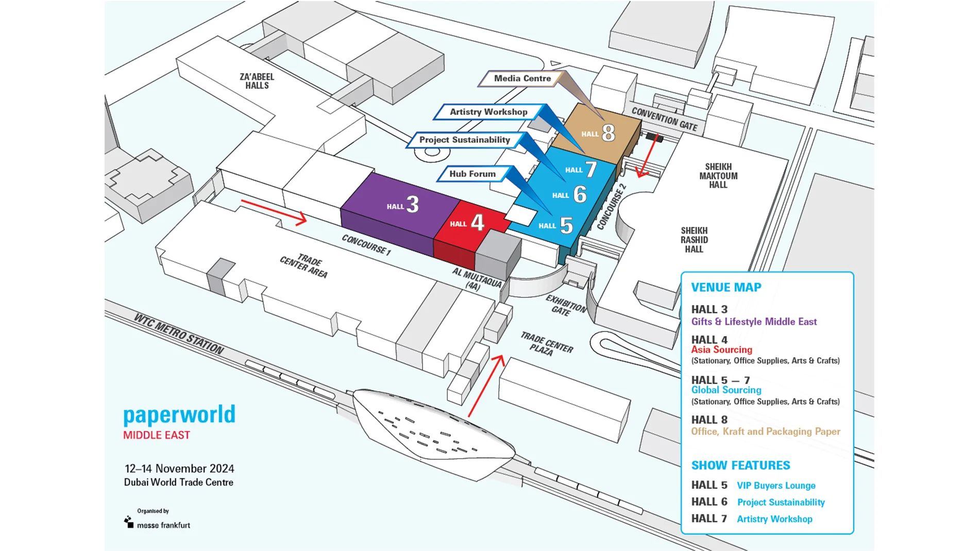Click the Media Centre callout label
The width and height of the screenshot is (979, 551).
[521, 78]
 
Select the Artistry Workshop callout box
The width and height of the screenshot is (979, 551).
[488, 112]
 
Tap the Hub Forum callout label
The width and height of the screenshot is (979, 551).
[472, 174]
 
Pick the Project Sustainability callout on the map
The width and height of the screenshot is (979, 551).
[464, 140]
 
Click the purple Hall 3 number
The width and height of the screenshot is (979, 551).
[412, 205]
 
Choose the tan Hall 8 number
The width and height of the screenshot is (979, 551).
[608, 133]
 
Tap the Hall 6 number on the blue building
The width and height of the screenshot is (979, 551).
[580, 194]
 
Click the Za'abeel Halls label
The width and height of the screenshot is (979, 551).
[257, 81]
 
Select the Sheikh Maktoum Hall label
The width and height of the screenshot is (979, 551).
[718, 176]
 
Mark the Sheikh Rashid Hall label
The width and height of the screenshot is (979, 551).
[694, 240]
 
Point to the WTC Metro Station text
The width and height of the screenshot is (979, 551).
[178, 333]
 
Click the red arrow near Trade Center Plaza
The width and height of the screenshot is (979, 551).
[486, 385]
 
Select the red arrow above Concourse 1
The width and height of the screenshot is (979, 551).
[274, 212]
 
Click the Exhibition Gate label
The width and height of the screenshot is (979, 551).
[565, 305]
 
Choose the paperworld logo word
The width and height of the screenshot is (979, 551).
[179, 414]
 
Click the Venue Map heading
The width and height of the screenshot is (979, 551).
[725, 287]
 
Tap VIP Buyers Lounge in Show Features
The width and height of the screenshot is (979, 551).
[775, 486]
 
